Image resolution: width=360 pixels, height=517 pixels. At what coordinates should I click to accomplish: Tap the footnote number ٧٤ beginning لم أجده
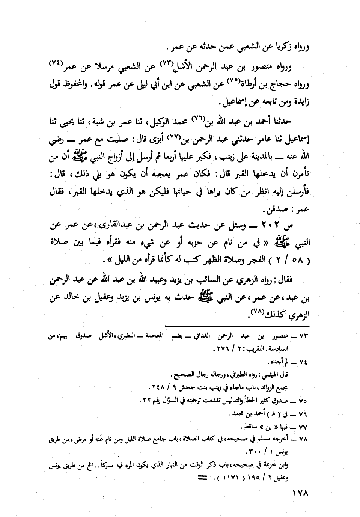(303, 363)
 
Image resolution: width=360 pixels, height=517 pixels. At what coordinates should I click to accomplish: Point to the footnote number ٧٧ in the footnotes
(303, 427)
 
